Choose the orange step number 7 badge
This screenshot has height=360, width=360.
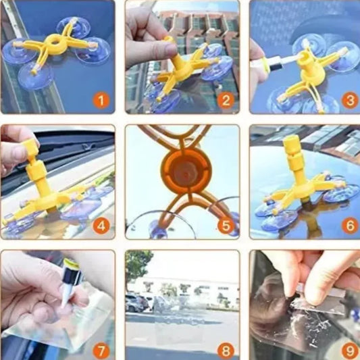(x=101, y=350)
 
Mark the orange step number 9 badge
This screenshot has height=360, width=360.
(x=349, y=350)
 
